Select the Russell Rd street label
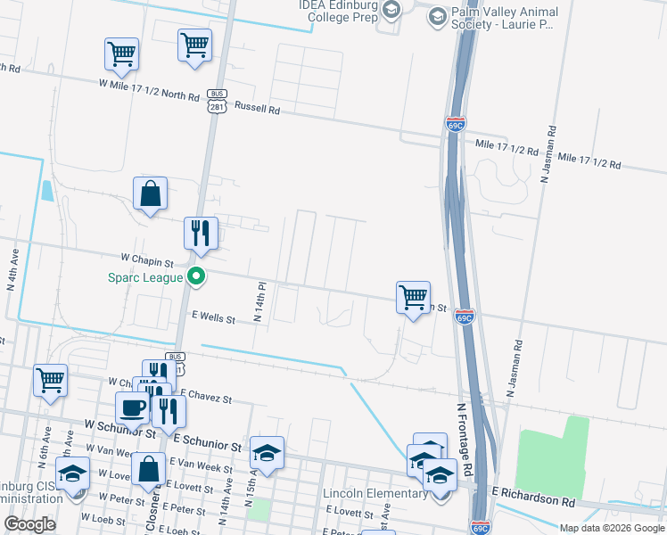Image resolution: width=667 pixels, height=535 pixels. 258,107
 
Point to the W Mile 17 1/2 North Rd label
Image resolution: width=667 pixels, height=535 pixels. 148,88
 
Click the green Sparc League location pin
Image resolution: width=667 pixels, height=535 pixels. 199,276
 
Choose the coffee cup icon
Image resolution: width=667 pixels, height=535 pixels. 134,407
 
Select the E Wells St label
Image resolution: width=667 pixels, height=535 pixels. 214,317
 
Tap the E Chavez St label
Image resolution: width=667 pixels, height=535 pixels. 205,395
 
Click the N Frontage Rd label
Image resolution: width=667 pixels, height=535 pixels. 463,442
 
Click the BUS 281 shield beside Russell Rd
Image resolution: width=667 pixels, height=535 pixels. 217,100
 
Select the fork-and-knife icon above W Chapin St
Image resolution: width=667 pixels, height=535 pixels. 201,234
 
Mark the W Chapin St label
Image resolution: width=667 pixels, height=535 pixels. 148,259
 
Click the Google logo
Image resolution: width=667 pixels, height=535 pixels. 30,524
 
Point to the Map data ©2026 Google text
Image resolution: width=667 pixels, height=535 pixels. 611,527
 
